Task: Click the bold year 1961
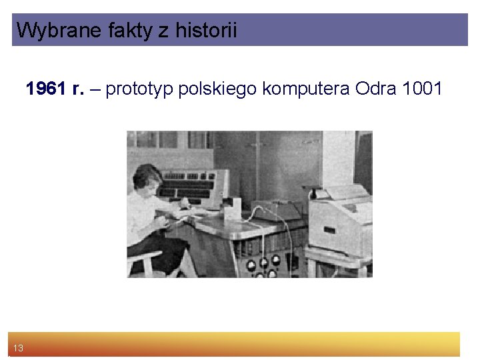pyautogui.click(x=46, y=89)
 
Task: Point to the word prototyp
pyautogui.click(x=141, y=89)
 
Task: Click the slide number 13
pyautogui.click(x=18, y=348)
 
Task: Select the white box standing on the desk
pyautogui.click(x=231, y=210)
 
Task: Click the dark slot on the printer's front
pyautogui.click(x=329, y=231)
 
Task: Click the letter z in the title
pyautogui.click(x=163, y=30)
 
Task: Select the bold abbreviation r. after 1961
pyautogui.click(x=77, y=89)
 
